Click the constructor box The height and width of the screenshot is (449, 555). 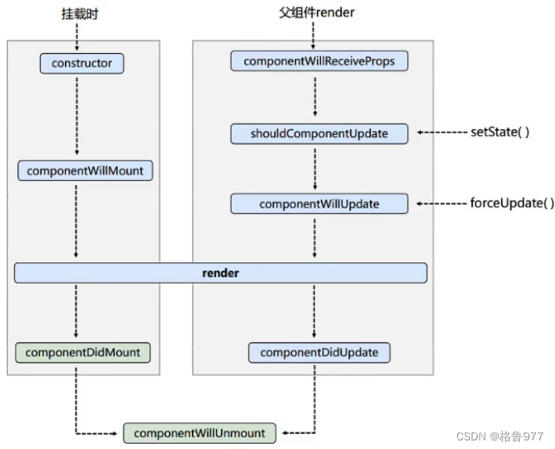(x=81, y=63)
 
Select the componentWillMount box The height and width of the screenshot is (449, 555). (x=85, y=170)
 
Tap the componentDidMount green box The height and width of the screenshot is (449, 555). (x=82, y=353)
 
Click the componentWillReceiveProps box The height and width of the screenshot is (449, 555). (x=319, y=61)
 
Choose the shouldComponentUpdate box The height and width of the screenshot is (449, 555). (x=319, y=133)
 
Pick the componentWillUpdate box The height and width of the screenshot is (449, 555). (x=319, y=204)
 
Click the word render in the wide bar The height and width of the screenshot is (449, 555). (x=220, y=273)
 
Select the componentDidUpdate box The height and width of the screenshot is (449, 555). (x=319, y=353)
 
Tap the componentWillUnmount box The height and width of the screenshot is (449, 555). (x=200, y=433)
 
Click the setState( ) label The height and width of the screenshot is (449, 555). (x=499, y=132)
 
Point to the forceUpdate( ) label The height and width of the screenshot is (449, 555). (x=506, y=203)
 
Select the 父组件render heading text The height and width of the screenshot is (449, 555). (x=316, y=13)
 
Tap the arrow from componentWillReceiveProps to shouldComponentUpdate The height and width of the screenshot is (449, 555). (x=315, y=97)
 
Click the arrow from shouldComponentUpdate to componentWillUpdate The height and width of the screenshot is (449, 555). (x=315, y=168)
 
